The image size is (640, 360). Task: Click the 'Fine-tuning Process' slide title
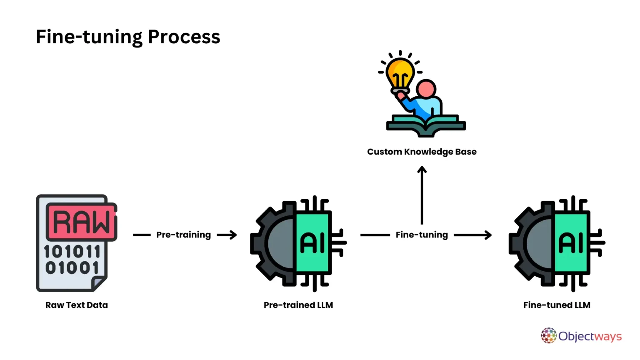coord(128,37)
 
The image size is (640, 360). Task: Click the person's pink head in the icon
coord(426,89)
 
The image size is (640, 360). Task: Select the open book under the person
coord(426,125)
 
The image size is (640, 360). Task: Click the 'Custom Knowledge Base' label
coord(422,152)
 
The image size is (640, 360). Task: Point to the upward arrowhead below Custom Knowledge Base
coord(422,170)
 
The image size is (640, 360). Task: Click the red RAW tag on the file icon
coord(82,222)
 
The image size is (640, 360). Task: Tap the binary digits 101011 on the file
coord(72,251)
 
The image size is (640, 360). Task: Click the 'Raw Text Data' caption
coord(77,305)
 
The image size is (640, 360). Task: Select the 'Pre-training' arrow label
coord(183,235)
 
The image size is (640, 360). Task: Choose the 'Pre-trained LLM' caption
coord(298,305)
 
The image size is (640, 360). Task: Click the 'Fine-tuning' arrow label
coord(422,235)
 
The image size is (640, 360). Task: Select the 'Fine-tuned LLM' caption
coord(557,305)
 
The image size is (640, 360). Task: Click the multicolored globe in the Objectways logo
coord(549,335)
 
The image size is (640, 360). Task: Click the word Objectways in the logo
coord(590,336)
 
